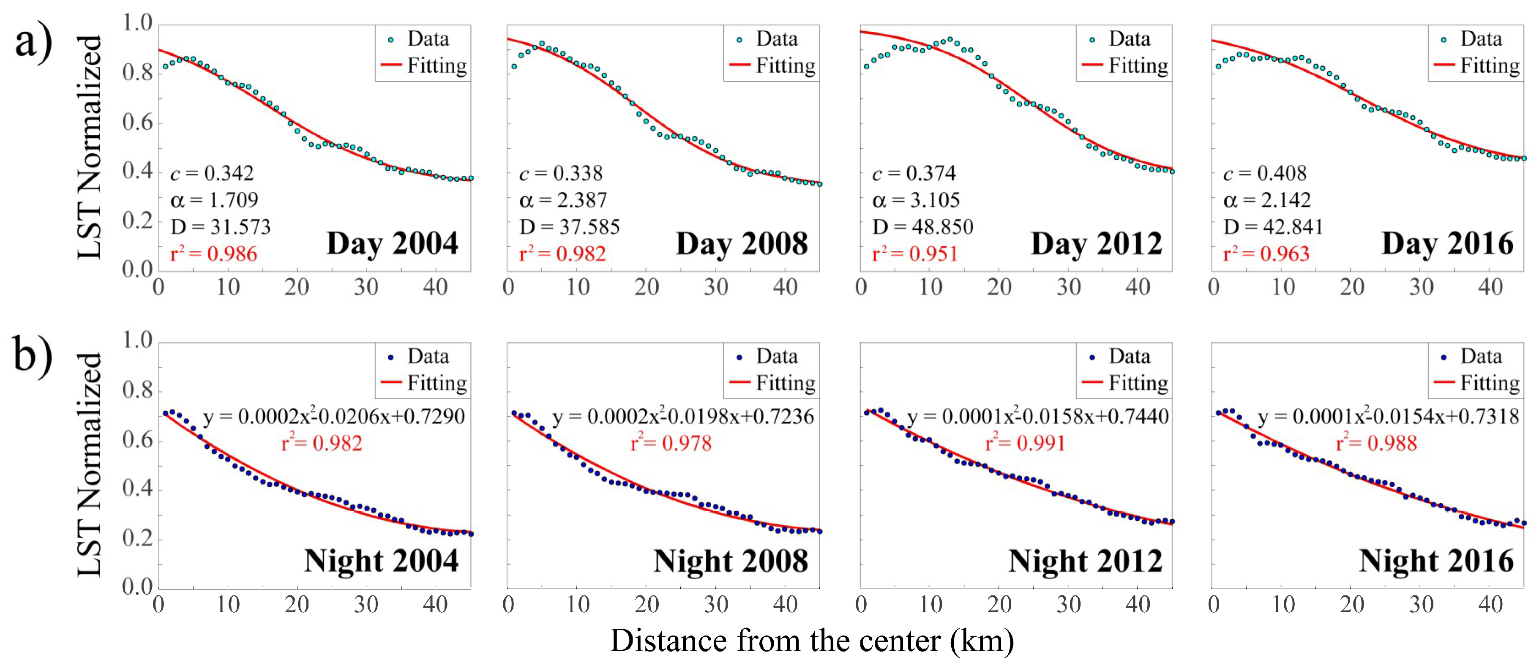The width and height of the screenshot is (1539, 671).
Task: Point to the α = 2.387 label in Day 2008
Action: click(x=563, y=200)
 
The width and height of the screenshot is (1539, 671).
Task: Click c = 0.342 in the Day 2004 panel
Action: click(x=212, y=173)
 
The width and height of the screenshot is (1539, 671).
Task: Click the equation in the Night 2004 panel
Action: click(x=333, y=417)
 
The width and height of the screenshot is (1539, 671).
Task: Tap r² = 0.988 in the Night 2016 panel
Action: click(x=1376, y=443)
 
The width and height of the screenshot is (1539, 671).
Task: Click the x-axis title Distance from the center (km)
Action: click(x=811, y=641)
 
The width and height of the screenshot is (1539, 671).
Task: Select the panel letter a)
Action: click(x=33, y=43)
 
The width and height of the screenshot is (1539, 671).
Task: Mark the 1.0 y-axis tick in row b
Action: click(x=137, y=340)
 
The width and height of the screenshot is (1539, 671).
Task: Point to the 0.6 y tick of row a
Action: click(x=137, y=123)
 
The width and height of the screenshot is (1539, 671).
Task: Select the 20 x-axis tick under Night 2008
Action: click(x=647, y=605)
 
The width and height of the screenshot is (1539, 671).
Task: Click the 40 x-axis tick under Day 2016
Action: click(x=1490, y=287)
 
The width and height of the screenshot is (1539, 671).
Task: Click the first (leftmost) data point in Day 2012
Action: click(x=866, y=67)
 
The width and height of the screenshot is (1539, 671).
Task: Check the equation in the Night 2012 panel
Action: click(x=1037, y=417)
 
